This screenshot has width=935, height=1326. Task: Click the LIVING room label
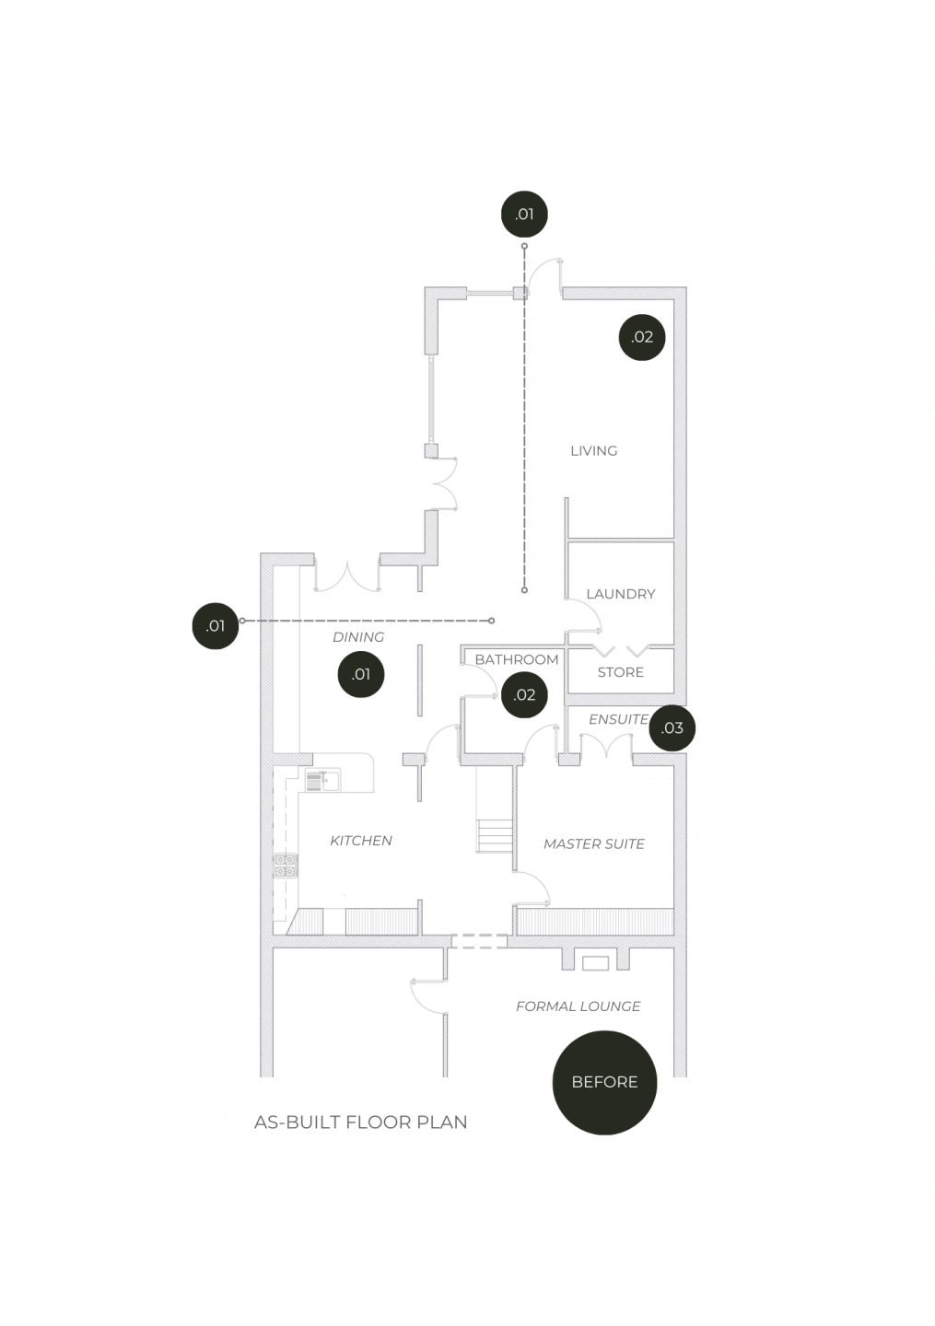pyautogui.click(x=593, y=450)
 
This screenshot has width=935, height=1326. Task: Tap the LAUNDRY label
pyautogui.click(x=620, y=594)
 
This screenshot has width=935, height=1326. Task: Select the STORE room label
pyautogui.click(x=620, y=672)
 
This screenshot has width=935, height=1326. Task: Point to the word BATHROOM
pyautogui.click(x=516, y=659)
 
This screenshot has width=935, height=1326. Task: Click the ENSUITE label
pyautogui.click(x=618, y=719)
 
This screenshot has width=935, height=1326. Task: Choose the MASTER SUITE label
pyautogui.click(x=593, y=843)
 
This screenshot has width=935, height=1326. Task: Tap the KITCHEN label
pyautogui.click(x=360, y=841)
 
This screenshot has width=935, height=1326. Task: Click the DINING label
pyautogui.click(x=357, y=637)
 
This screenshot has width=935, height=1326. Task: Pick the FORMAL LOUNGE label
pyautogui.click(x=578, y=1006)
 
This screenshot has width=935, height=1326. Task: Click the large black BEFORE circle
pyautogui.click(x=604, y=1082)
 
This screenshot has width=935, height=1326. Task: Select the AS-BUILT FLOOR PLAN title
pyautogui.click(x=360, y=1122)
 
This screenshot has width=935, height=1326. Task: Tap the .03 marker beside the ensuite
pyautogui.click(x=672, y=727)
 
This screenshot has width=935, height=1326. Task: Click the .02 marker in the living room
pyautogui.click(x=642, y=337)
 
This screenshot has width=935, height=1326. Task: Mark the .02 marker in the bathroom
pyautogui.click(x=524, y=694)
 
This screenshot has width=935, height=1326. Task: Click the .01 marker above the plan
pyautogui.click(x=524, y=215)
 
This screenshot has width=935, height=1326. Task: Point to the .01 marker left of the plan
pyautogui.click(x=215, y=626)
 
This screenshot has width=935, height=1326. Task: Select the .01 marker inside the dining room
pyautogui.click(x=361, y=674)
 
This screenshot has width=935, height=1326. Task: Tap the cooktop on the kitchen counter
pyautogui.click(x=285, y=866)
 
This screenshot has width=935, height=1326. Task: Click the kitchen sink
pyautogui.click(x=323, y=781)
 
